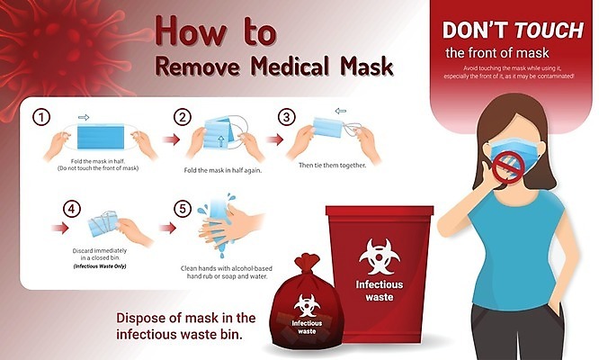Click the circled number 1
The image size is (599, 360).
(x=41, y=117)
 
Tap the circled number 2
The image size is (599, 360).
(x=183, y=117)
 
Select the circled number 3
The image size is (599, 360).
(x=287, y=117)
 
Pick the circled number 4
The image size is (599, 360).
(x=72, y=209)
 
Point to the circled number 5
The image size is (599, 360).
(x=183, y=209)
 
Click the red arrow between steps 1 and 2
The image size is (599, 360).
(x=171, y=139)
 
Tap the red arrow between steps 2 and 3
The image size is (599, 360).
(x=274, y=139)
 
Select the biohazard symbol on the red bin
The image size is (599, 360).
(x=379, y=256)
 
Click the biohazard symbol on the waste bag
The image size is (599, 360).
(x=307, y=305)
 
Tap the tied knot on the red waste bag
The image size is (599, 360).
(x=306, y=263)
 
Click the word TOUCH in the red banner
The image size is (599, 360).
(x=549, y=31)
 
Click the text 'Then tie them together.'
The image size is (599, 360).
(x=333, y=166)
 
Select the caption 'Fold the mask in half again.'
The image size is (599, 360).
(x=223, y=170)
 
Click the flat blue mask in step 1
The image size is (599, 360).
(x=101, y=136)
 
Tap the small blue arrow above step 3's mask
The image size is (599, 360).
(x=340, y=112)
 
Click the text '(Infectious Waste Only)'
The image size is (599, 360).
(x=100, y=266)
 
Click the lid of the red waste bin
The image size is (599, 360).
(x=380, y=211)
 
